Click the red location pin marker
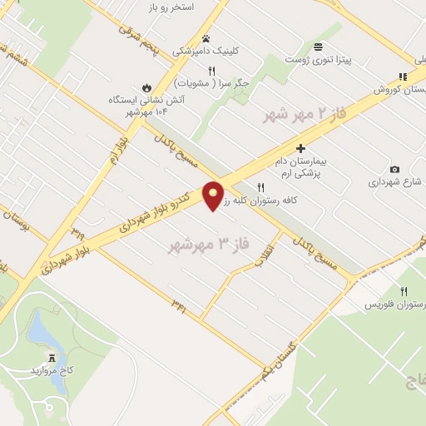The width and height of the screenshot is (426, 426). click(x=213, y=195)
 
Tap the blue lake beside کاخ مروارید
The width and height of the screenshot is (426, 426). click(x=42, y=333)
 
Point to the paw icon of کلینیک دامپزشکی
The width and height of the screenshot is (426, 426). click(x=206, y=38)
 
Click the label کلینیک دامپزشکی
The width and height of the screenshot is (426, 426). click(x=205, y=51)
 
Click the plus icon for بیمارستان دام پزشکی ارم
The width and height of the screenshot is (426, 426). click(x=300, y=147)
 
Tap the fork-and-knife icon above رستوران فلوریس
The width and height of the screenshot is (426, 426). click(x=404, y=291)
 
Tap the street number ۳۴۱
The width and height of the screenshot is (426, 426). click(x=179, y=308)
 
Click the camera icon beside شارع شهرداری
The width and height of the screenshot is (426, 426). click(x=394, y=170)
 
